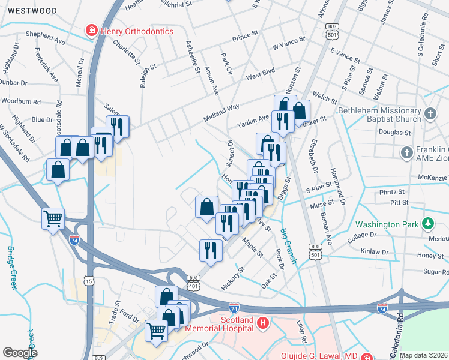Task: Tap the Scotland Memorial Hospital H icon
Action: coord(262,324)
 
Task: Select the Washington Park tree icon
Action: coord(428,225)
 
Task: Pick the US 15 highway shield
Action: coord(89,281)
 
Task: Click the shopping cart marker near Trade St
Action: coord(156,331)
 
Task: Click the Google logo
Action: coord(20,353)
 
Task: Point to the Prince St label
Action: coord(245,36)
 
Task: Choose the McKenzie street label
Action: coord(433,178)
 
